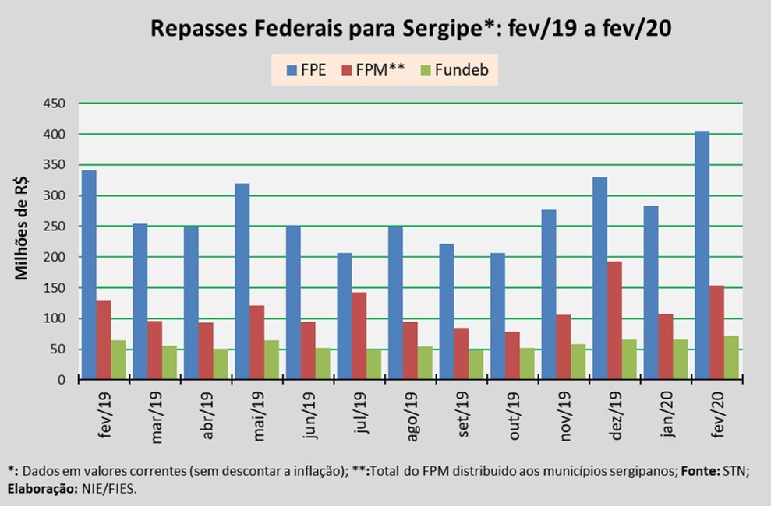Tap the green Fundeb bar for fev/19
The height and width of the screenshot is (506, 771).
click(x=118, y=360)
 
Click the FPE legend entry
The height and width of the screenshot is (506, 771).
click(x=306, y=70)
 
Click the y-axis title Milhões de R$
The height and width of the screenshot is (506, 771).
click(x=23, y=230)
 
